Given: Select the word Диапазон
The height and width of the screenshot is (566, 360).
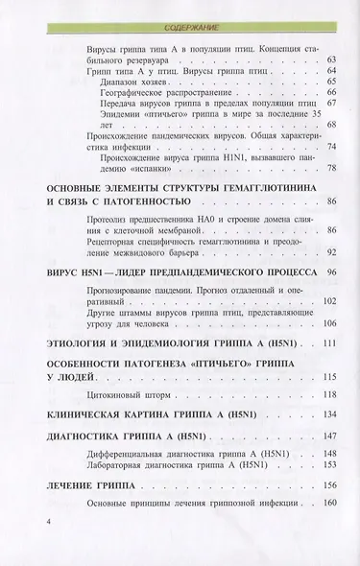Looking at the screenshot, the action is click(117, 82).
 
